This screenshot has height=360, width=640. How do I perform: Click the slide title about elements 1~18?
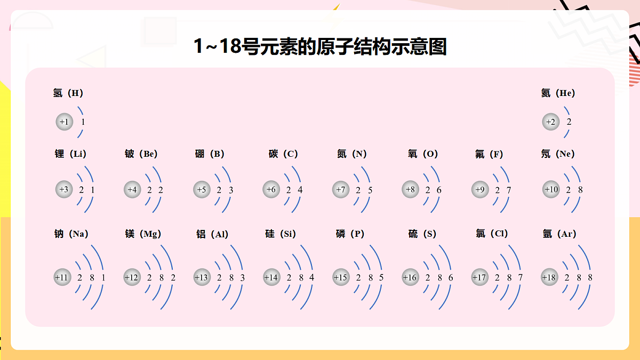tap(320, 46)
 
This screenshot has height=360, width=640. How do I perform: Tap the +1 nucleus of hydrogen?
tap(65, 122)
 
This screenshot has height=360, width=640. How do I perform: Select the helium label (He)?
tap(558, 93)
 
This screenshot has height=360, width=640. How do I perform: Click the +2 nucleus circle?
tap(550, 122)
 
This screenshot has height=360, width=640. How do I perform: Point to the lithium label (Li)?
tap(70, 154)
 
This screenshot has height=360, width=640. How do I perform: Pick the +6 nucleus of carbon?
tap(271, 189)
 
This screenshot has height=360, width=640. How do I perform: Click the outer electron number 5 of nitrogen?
tap(370, 190)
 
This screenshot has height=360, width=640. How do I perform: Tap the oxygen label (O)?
tap(422, 154)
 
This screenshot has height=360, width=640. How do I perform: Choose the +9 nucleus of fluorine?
tap(480, 189)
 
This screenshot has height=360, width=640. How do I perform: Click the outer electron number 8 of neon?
tap(580, 190)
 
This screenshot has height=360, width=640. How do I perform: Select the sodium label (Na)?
tap(71, 234)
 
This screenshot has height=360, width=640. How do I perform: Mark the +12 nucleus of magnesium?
tap(132, 277)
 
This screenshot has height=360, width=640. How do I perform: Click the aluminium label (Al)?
tap(212, 234)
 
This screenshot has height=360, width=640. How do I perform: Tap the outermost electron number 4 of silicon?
tap(311, 277)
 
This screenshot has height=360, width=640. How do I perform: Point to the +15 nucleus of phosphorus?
tap(341, 277)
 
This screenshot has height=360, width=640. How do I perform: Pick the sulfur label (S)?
tap(422, 234)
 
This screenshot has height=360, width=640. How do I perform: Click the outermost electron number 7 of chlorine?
tap(521, 277)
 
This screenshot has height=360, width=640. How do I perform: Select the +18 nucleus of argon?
tap(549, 277)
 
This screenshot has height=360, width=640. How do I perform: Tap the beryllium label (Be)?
tap(141, 154)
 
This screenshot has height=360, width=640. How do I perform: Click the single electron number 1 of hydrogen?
tap(83, 122)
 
